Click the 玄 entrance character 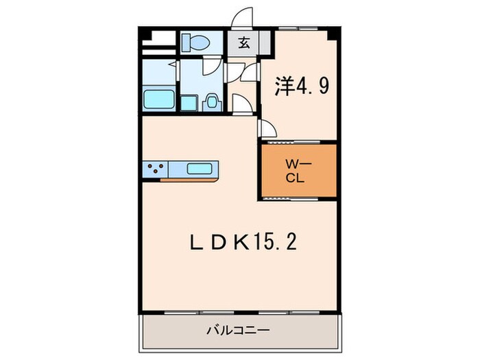243,43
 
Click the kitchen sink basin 200,168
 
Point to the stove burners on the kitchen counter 155,168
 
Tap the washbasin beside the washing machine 212,101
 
